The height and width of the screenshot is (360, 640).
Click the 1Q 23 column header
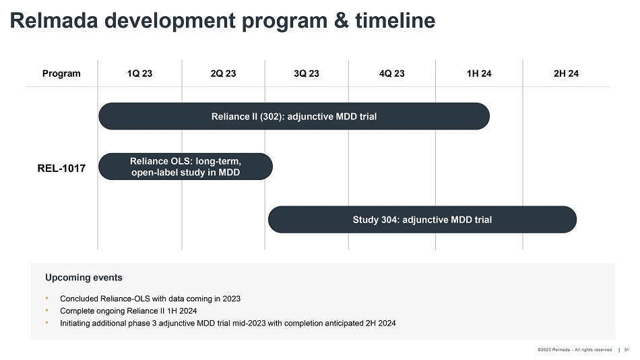(139, 73)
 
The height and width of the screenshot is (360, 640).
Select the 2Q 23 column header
(223, 73)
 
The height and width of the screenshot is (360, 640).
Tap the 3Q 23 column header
(307, 73)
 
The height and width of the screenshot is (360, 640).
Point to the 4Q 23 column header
(392, 73)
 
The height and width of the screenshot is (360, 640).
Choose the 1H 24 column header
(479, 73)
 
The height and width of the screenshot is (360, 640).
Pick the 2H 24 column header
(566, 73)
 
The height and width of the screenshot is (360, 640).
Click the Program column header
(61, 73)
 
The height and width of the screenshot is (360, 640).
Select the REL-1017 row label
(61, 168)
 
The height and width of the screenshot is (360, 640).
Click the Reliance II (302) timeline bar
(294, 117)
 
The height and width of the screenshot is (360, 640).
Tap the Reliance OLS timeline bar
(185, 167)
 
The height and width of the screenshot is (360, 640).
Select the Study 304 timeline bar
(422, 220)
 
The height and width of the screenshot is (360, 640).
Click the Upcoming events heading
(84, 277)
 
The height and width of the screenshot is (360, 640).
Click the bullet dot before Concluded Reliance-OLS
(47, 298)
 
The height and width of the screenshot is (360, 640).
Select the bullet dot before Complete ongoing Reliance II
(47, 311)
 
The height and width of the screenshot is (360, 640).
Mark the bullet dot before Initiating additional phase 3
(47, 323)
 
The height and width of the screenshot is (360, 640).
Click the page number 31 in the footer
(627, 349)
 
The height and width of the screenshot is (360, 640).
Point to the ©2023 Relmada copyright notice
(574, 349)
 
